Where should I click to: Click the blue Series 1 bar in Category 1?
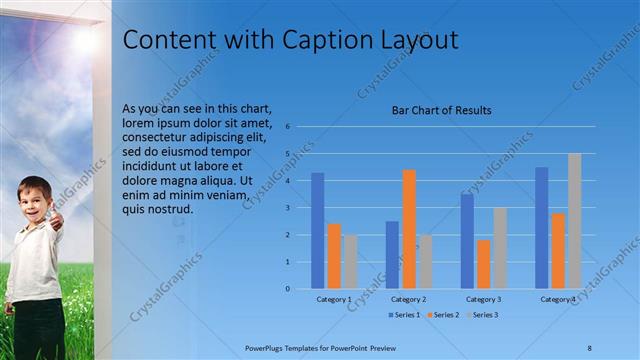[x=317, y=231]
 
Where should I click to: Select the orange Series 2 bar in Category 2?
[x=408, y=229]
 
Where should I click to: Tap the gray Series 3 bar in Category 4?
[x=574, y=221]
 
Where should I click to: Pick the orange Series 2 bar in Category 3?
[x=483, y=264]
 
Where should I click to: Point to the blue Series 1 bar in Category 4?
[x=541, y=228]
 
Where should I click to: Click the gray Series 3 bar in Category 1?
[x=350, y=262]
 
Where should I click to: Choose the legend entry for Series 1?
[x=404, y=315]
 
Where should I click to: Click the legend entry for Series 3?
[x=482, y=315]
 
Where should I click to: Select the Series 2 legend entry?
[x=443, y=315]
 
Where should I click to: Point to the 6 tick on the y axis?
[x=287, y=127]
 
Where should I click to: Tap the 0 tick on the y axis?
[x=287, y=289]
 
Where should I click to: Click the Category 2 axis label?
[x=408, y=299]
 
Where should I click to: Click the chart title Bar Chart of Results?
[x=441, y=110]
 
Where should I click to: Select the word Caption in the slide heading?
[x=319, y=40]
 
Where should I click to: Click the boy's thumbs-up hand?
[x=56, y=217]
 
